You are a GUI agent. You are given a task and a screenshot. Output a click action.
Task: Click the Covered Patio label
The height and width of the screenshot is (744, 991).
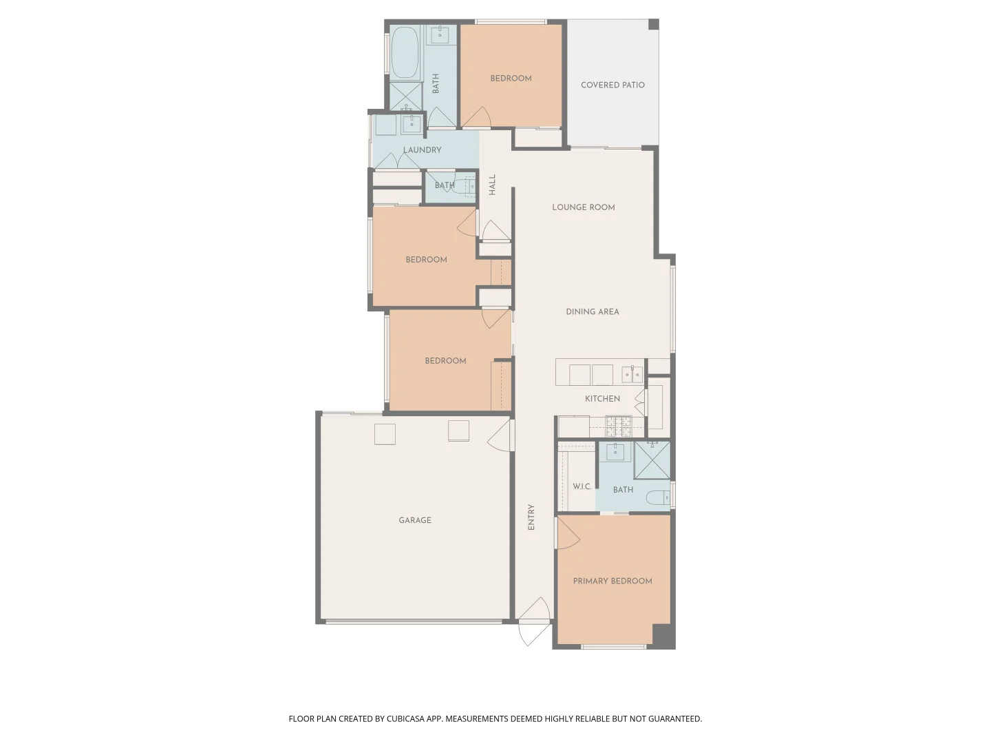coord(612,85)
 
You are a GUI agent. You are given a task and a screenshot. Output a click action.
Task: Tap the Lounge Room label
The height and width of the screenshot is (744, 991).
coord(584,207)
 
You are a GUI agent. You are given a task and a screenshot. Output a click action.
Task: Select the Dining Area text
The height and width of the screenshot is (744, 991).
coord(593,311)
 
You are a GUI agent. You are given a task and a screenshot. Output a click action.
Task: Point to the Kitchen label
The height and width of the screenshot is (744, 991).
coord(602,399)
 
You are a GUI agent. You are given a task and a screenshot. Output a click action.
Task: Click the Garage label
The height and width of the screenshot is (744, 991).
coord(415,520)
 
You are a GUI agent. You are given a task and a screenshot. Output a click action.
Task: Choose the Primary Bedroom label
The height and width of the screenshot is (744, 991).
coord(612,581)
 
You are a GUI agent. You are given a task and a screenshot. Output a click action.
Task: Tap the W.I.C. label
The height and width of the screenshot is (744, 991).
coord(582,486)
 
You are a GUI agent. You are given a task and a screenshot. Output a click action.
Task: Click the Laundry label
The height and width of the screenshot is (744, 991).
coord(422,150)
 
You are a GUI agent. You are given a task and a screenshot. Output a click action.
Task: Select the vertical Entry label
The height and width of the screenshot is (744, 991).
coord(531,517)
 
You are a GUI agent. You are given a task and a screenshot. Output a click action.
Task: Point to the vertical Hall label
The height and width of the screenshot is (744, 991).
coord(492,185)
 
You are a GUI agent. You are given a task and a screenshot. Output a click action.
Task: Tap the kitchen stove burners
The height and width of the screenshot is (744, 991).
coord(619,426)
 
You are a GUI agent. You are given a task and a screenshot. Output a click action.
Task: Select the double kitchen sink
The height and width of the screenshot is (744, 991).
coord(632,374)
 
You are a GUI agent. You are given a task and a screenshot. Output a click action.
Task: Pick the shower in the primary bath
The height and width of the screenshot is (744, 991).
coord(652,460)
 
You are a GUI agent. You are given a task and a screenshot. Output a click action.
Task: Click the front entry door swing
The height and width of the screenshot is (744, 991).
coord(535,621)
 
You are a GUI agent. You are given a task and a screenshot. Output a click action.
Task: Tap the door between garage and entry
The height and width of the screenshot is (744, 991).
coord(501,435)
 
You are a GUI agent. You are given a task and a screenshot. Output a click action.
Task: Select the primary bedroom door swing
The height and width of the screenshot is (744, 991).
coord(568,533)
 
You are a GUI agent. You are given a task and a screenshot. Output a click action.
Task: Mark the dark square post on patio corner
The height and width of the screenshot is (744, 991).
coord(653,24)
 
